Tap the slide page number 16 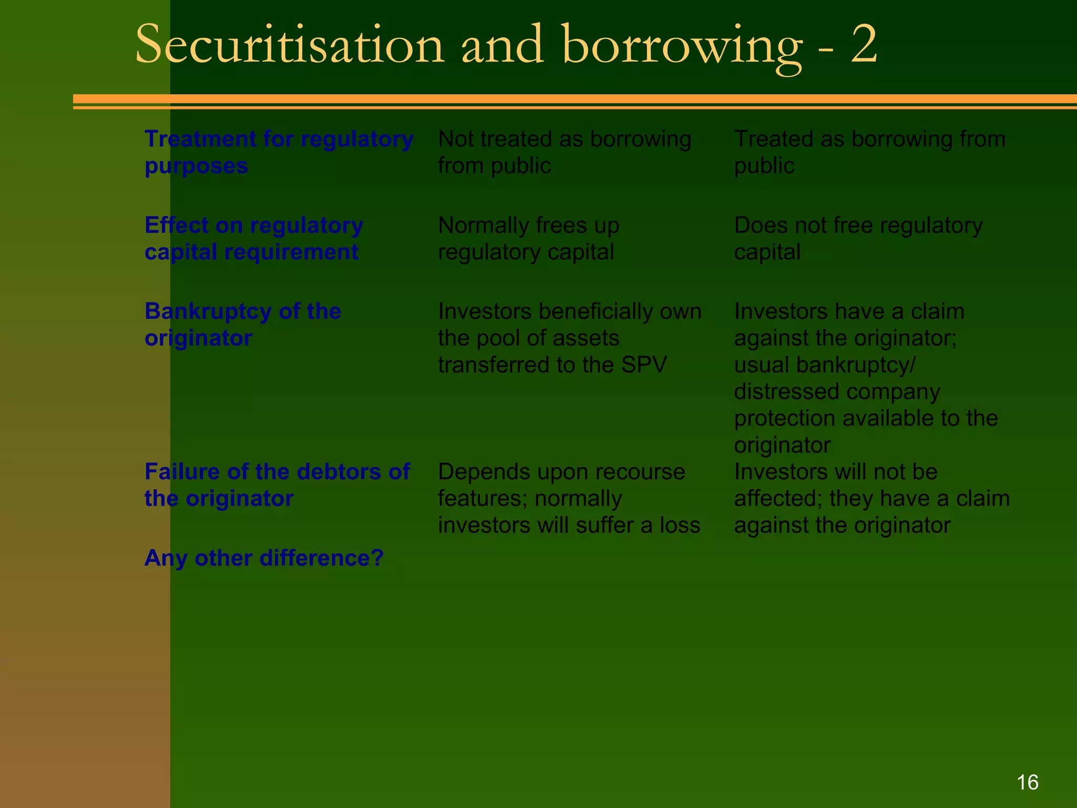1027,782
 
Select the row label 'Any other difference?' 264,558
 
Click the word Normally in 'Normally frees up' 483,226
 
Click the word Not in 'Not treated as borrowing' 454,139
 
